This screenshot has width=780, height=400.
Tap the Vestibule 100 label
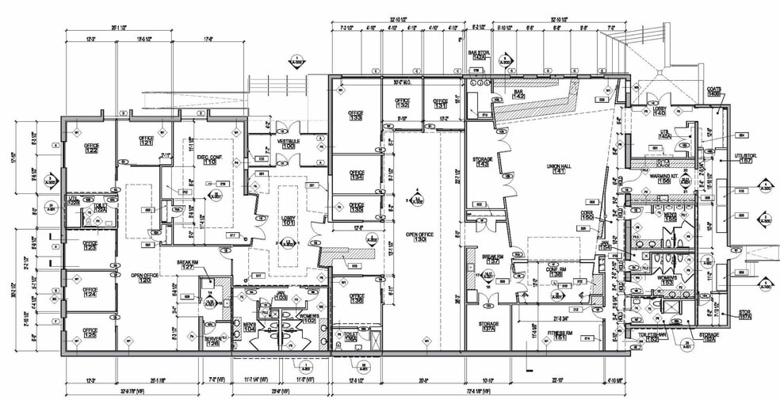pyautogui.click(x=286, y=143)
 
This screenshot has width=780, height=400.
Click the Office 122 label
pyautogui.click(x=92, y=148)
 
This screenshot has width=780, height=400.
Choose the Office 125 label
pyautogui.click(x=90, y=333)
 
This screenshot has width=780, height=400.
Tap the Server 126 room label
pyautogui.click(x=212, y=341)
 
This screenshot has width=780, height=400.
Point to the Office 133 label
pyautogui.click(x=355, y=116)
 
